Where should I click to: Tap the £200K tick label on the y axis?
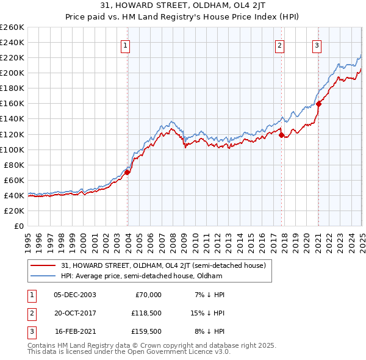[x=12, y=73]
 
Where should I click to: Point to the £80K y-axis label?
[x=14, y=165]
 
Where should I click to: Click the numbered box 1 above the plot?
[x=125, y=45]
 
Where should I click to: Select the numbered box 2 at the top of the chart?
[x=279, y=45]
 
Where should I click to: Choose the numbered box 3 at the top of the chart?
[x=317, y=45]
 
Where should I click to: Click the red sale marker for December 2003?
[x=127, y=172]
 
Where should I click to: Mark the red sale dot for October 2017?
[x=282, y=135]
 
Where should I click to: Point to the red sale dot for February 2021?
[x=318, y=103]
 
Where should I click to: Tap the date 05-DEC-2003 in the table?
[x=75, y=295]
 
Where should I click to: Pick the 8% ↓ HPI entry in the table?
[x=210, y=331]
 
